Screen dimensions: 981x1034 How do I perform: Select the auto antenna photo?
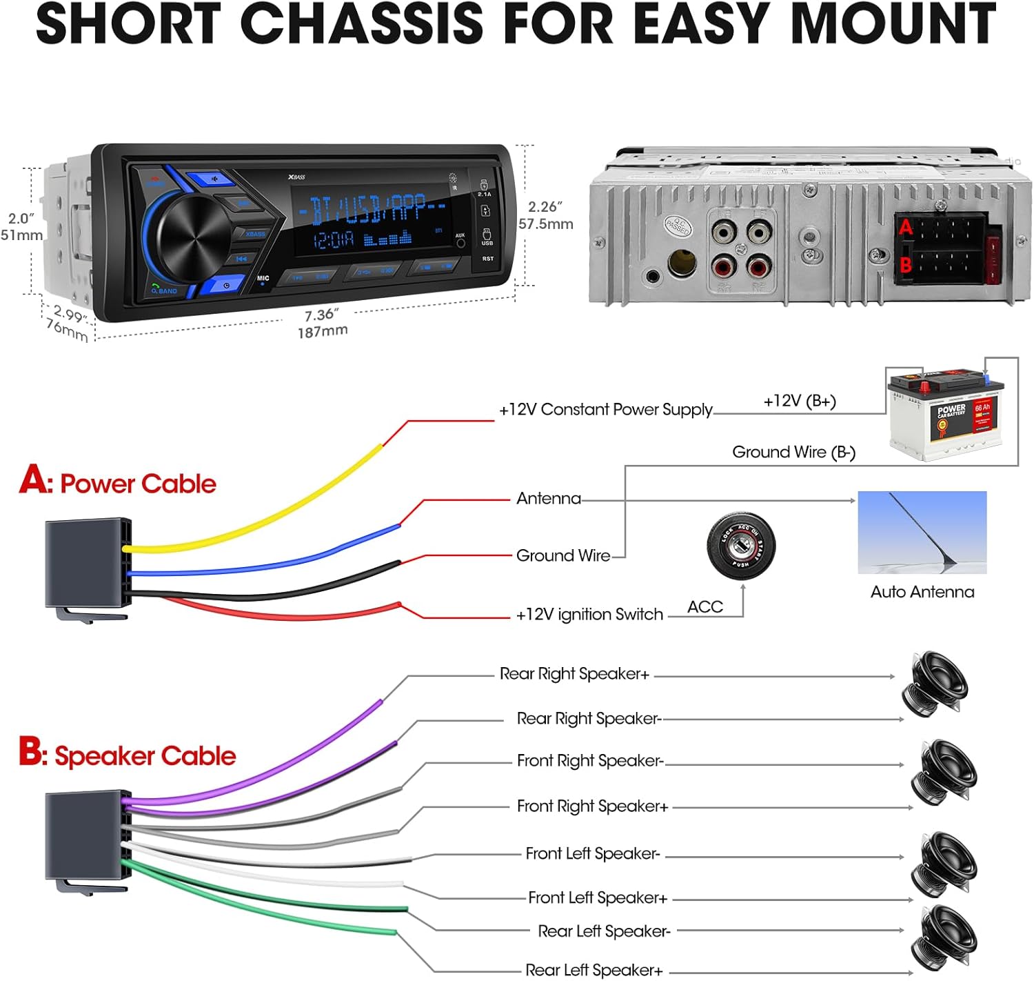922,532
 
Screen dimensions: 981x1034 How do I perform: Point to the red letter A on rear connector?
906,227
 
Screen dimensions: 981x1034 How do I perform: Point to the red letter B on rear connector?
906,265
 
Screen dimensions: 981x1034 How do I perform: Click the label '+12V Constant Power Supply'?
605,410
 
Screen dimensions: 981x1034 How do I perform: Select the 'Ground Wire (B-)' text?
793,453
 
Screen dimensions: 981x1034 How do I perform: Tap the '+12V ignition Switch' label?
589,615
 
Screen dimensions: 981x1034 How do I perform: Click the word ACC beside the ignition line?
705,607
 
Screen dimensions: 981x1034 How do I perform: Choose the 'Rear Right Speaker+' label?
574,674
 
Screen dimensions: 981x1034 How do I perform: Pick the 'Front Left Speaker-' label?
593,854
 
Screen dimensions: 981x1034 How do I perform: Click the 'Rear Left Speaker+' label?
594,971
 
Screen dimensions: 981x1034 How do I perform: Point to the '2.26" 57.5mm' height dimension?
546,215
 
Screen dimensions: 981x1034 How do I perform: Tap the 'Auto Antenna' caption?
922,592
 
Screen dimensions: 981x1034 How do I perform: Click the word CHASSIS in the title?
362,23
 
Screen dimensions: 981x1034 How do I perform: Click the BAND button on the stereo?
165,290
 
